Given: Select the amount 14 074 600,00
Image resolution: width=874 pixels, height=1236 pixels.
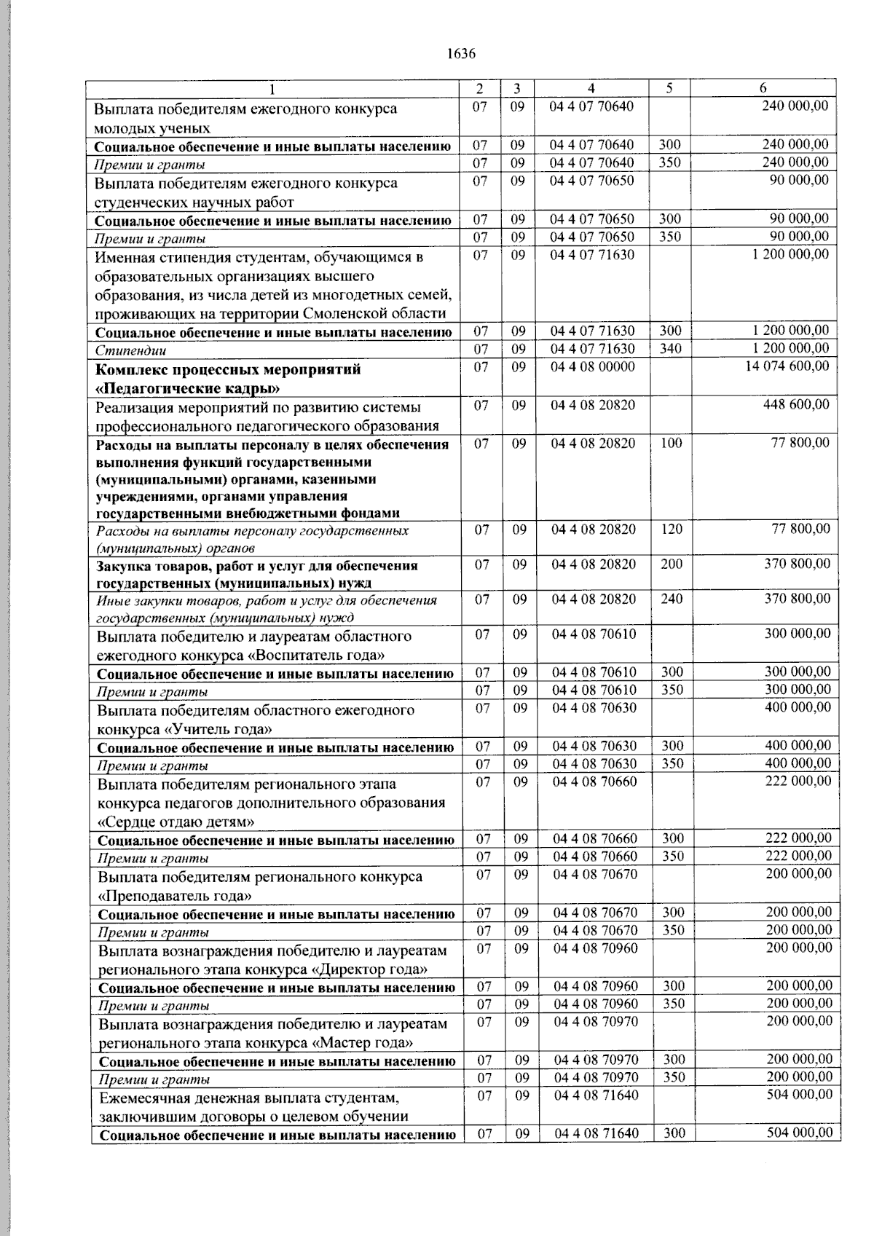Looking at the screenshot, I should click(787, 366).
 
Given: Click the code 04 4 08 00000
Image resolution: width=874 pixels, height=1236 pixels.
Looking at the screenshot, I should click(592, 366).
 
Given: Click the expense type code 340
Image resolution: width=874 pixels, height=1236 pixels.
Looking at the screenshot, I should click(670, 349).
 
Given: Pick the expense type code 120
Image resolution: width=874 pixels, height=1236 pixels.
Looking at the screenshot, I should click(672, 530).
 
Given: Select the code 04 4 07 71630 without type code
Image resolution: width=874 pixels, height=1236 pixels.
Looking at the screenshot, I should click(591, 255).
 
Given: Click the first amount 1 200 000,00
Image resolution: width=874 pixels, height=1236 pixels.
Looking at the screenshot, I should click(790, 254).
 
